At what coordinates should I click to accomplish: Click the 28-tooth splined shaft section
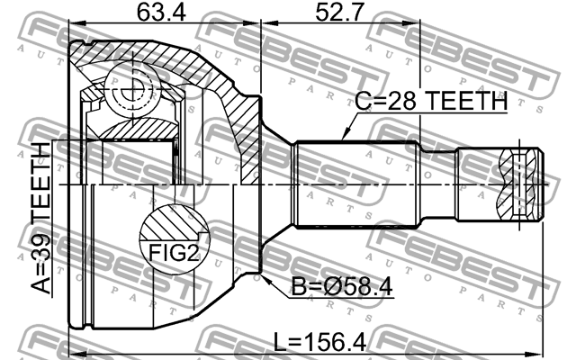(x=358, y=184)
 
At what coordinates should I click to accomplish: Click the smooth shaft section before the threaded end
(x=439, y=184)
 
